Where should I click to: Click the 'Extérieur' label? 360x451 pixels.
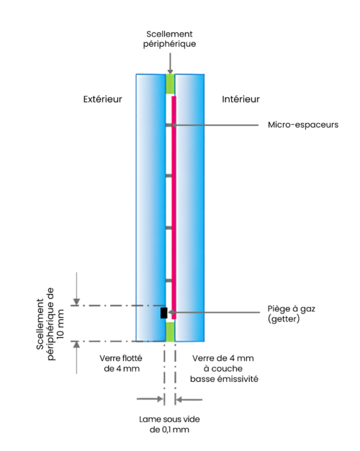103,99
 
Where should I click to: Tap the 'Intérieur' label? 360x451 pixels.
240,99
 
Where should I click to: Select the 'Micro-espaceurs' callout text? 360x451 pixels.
303,125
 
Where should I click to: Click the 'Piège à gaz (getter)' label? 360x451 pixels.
292,313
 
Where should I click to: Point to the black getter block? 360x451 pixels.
163,313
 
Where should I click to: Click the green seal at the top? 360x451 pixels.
170,84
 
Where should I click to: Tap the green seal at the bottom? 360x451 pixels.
170,331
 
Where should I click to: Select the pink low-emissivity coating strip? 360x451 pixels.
174,207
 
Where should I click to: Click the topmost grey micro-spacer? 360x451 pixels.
168,125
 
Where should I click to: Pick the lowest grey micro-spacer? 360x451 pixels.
168,280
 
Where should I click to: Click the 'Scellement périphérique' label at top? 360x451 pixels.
170,39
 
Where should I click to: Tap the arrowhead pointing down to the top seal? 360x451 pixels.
170,71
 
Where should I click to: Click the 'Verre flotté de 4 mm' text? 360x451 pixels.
122,363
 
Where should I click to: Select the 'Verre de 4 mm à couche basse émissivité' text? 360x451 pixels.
224,368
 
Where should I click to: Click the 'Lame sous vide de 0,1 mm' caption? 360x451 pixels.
169,424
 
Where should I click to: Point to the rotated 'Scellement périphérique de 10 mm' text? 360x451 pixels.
50,323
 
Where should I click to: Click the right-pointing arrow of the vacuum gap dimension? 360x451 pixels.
150,399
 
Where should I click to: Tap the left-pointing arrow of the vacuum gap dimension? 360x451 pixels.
189,399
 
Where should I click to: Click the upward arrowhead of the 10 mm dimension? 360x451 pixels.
76,344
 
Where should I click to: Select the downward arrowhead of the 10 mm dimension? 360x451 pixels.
76,302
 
